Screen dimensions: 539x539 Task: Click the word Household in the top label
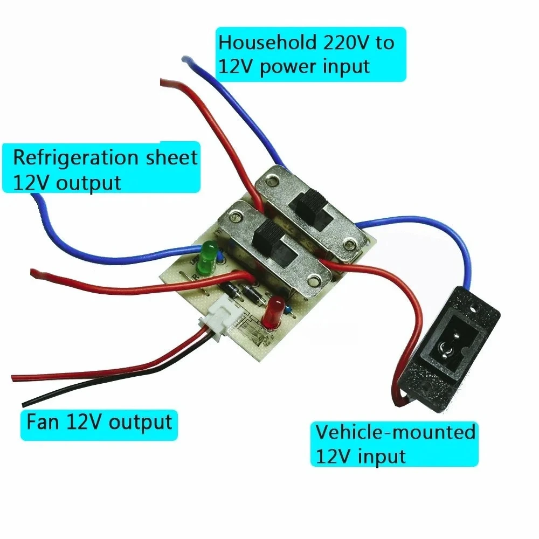point(263,43)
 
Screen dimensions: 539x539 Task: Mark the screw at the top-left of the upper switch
point(274,180)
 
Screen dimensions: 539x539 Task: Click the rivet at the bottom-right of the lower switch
point(313,279)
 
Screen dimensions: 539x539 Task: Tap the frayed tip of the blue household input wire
point(185,59)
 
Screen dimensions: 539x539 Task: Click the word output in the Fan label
point(140,422)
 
